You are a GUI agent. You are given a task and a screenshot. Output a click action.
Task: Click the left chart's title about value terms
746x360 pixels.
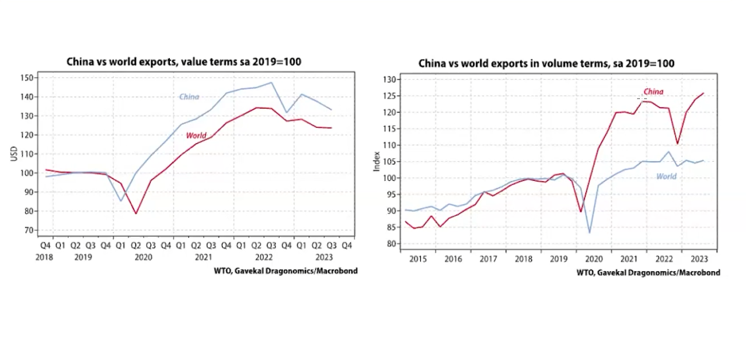(183, 61)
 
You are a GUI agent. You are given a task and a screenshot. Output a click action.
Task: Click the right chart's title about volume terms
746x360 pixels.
(546, 63)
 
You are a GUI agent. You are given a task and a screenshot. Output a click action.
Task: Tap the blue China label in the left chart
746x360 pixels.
(189, 97)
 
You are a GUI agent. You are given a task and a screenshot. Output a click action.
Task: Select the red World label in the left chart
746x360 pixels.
(196, 135)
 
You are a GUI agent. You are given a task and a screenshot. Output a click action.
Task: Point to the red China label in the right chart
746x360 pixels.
(653, 92)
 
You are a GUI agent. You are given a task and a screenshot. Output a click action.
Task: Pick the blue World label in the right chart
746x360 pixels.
(666, 176)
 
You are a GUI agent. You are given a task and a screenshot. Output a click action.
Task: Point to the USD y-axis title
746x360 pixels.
(13, 154)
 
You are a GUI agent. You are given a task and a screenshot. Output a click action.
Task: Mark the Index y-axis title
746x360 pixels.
(377, 162)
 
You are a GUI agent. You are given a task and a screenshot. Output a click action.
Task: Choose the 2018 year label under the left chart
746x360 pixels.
(45, 257)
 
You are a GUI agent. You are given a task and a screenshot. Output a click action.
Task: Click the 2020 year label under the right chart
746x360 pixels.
(594, 258)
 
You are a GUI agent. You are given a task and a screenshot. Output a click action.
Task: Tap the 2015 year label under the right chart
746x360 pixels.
(418, 258)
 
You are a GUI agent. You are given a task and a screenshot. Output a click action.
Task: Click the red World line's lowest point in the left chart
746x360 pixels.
(136, 214)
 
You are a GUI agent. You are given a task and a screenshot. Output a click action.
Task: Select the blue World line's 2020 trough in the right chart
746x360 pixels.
(589, 233)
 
